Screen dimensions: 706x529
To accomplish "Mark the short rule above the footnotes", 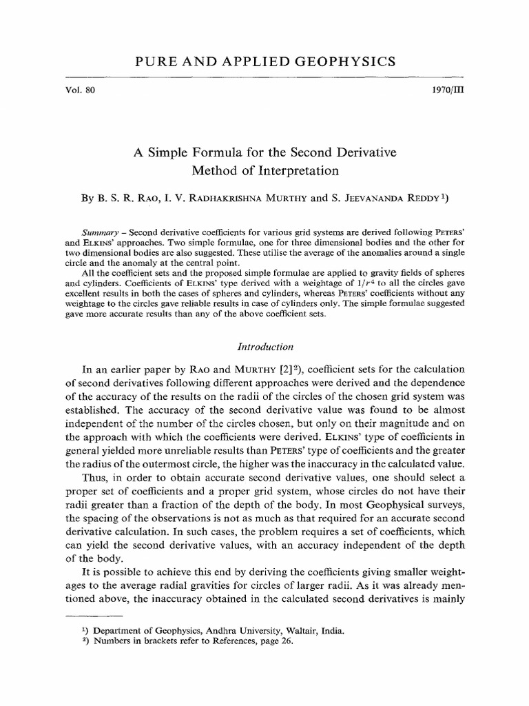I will [x=93, y=614].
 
